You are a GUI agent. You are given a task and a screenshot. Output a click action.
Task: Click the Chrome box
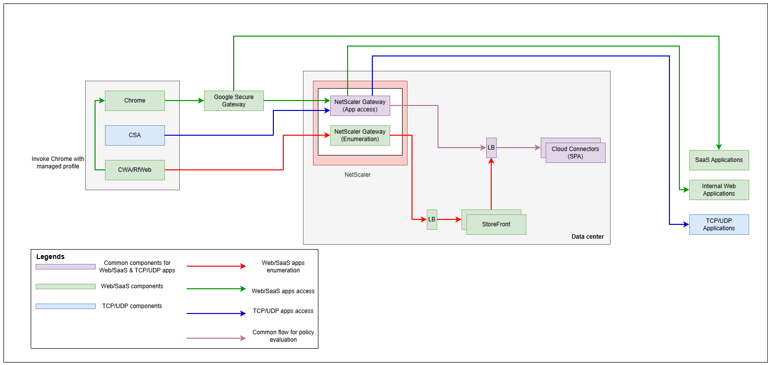pyautogui.click(x=135, y=101)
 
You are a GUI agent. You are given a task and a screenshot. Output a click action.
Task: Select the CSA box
pyautogui.click(x=135, y=135)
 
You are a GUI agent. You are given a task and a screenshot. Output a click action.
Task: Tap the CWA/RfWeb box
pyautogui.click(x=135, y=170)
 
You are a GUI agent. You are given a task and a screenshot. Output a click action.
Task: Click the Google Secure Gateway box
pyautogui.click(x=234, y=101)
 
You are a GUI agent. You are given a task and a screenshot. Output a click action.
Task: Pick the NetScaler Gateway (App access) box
pyautogui.click(x=360, y=105)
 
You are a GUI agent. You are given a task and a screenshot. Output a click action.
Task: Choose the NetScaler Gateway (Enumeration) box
pyautogui.click(x=360, y=135)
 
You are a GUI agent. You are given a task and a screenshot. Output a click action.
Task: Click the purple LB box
pyautogui.click(x=491, y=148)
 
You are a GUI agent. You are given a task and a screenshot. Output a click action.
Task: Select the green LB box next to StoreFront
pyautogui.click(x=432, y=219)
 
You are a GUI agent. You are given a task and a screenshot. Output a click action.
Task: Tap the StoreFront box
pyautogui.click(x=496, y=224)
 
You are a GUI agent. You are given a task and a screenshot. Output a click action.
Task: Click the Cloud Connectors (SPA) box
pyautogui.click(x=575, y=153)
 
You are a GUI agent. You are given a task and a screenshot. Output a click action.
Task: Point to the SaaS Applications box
pyautogui.click(x=719, y=160)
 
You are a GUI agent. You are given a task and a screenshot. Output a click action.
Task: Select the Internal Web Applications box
pyautogui.click(x=719, y=190)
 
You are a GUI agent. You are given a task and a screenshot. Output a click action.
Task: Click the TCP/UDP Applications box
pyautogui.click(x=719, y=224)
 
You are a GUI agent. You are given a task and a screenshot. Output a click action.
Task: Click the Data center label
pyautogui.click(x=588, y=237)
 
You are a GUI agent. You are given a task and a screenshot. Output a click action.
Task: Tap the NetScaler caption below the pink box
pyautogui.click(x=358, y=175)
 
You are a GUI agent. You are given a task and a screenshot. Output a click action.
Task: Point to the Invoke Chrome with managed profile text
pyautogui.click(x=58, y=162)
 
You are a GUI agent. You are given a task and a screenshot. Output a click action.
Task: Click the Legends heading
pyautogui.click(x=51, y=257)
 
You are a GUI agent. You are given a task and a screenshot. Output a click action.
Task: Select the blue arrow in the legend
pyautogui.click(x=216, y=313)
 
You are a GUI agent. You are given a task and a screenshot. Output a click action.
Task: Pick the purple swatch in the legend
pyautogui.click(x=65, y=266)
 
